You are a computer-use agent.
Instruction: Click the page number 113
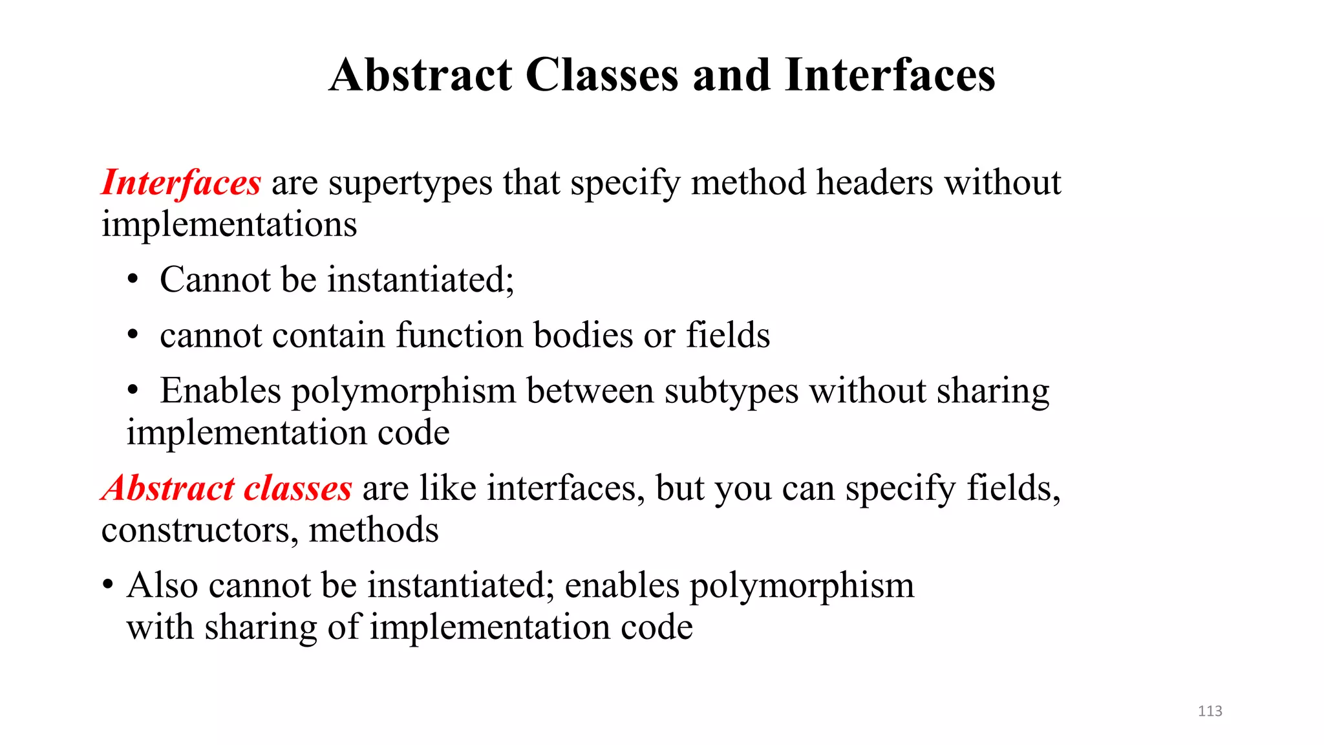point(1210,711)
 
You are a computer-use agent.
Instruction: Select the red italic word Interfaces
point(181,183)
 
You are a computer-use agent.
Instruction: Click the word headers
point(875,182)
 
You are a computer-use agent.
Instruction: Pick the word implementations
point(229,224)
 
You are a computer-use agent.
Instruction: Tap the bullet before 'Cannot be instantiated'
point(133,280)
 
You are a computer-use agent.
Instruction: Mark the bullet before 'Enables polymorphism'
point(133,391)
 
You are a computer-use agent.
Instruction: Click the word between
point(590,391)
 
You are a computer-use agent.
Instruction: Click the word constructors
point(200,530)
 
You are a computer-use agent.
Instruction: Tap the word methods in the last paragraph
point(374,530)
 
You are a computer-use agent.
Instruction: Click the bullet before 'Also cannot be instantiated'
point(108,586)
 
